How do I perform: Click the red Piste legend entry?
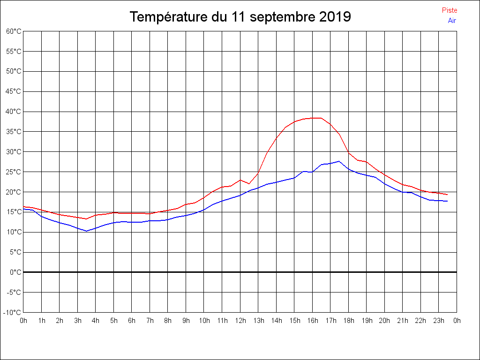click(449, 10)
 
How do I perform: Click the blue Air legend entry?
click(452, 21)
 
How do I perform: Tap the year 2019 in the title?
click(335, 17)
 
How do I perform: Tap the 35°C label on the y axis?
click(14, 132)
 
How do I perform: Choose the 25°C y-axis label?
click(14, 172)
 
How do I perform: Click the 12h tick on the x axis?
click(240, 321)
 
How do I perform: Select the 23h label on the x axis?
click(439, 321)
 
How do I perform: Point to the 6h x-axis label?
click(132, 321)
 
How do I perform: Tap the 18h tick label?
click(348, 321)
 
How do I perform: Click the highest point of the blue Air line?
click(339, 161)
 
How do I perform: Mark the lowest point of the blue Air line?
click(86, 231)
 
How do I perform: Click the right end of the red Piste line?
click(448, 195)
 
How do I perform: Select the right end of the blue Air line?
click(448, 201)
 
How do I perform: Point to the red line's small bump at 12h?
click(240, 180)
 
